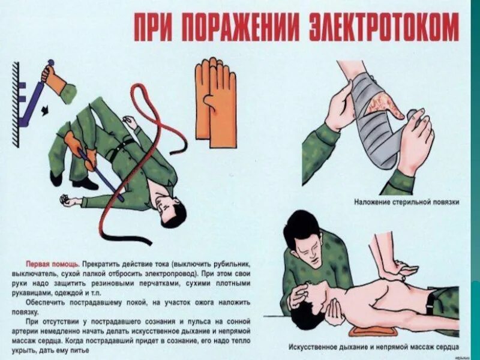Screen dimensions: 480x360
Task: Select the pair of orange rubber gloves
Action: [215, 103]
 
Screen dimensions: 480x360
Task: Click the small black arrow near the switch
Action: [45, 111]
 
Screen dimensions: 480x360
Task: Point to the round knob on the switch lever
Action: [50, 62]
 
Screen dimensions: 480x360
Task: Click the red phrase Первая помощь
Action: [53, 264]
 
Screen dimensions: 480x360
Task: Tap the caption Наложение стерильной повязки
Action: [407, 202]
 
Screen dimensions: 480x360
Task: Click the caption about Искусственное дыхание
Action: [374, 347]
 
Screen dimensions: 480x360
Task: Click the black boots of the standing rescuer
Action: [73, 181]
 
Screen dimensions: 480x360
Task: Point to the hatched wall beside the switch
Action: [16, 104]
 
